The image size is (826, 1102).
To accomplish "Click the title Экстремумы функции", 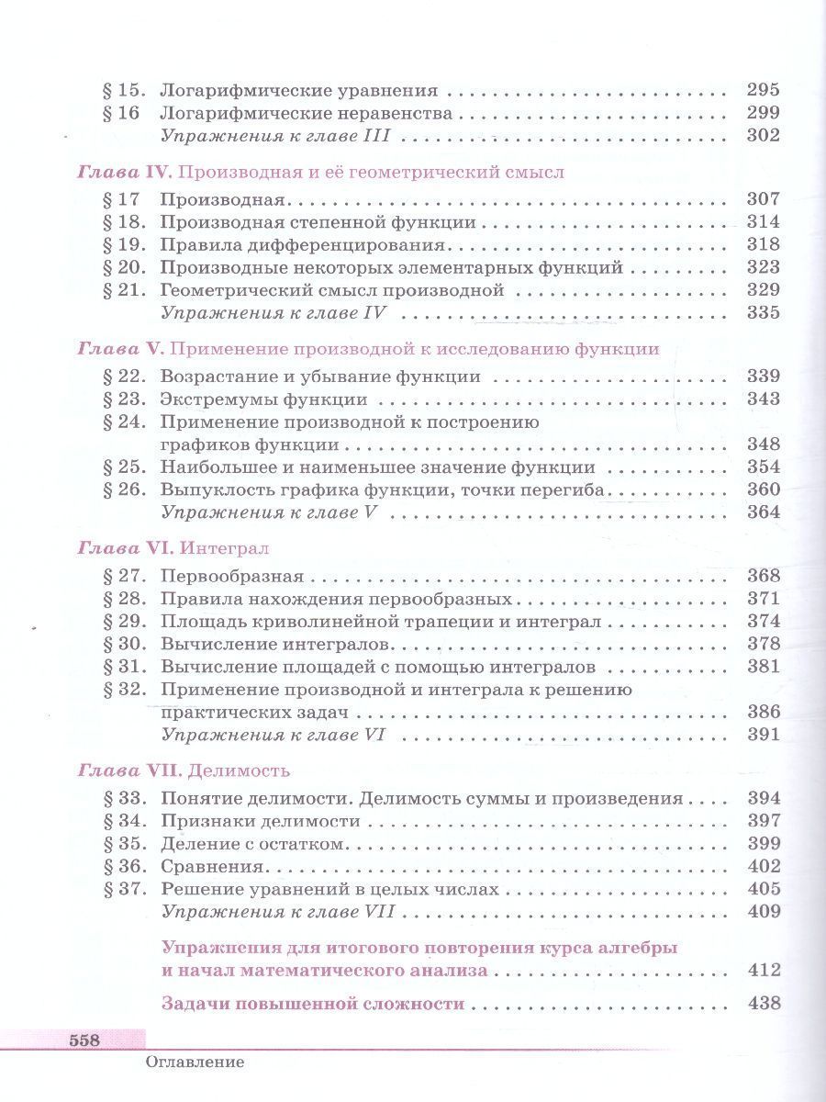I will [263, 399].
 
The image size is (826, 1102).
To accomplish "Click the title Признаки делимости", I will [260, 821].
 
